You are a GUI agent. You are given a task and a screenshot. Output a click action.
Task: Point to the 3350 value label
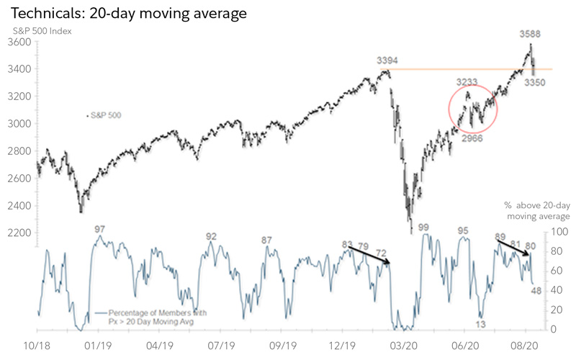click(534, 83)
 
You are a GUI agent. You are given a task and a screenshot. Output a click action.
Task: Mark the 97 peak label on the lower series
click(101, 229)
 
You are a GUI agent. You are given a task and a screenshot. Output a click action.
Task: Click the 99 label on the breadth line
click(423, 228)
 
